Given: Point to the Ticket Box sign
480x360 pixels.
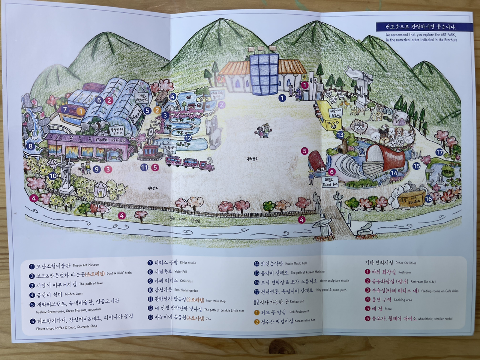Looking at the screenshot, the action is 330,182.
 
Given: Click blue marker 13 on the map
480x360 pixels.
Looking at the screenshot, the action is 340,135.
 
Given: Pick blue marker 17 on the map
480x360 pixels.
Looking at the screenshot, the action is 439,152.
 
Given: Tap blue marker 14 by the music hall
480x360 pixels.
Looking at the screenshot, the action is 394,173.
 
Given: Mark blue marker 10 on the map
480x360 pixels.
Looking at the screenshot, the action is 53,175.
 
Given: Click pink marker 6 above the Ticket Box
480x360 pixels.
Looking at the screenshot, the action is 331,172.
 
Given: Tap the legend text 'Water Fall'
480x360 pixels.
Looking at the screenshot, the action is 181,271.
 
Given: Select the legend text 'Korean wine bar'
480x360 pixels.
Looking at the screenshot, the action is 304,321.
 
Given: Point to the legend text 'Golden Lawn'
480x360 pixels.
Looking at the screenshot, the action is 73,294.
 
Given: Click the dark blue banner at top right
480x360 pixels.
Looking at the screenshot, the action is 418,27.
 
